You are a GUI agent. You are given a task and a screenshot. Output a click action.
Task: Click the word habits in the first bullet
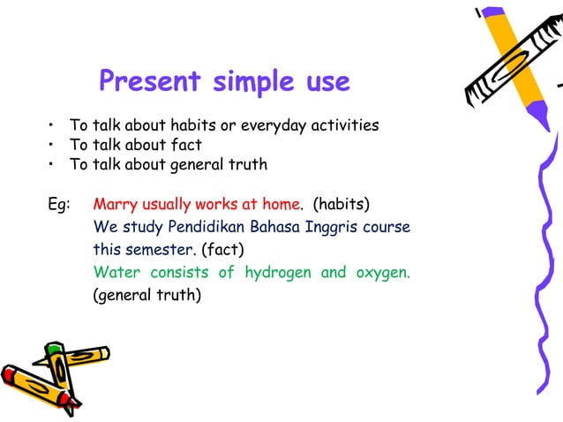coord(195,126)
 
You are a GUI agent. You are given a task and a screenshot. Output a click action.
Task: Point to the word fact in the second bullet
coord(186,145)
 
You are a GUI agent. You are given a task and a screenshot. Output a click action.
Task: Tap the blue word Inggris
coord(332,230)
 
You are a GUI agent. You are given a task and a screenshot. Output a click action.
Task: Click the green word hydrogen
coord(277,273)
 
